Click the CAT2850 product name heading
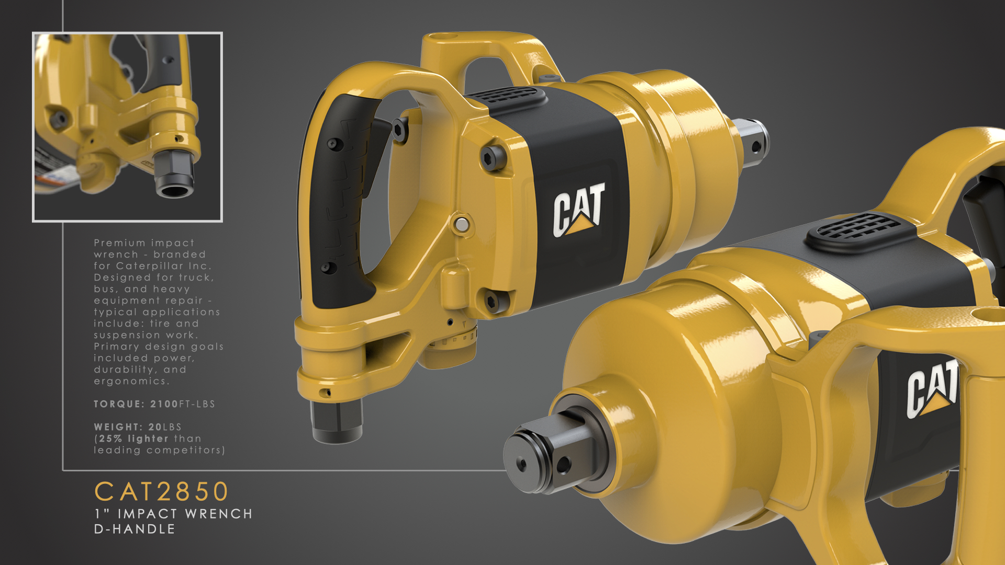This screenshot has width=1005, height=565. click(161, 492)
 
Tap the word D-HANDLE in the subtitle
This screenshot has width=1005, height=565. click(135, 529)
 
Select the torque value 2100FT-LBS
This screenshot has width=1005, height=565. click(182, 404)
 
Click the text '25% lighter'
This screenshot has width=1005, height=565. click(133, 438)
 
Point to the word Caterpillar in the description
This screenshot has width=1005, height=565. click(148, 266)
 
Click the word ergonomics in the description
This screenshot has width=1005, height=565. click(130, 381)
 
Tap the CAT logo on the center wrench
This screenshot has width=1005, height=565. click(578, 209)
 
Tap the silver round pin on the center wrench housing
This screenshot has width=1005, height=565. click(461, 225)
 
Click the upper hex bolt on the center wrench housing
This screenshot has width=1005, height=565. click(492, 157)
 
